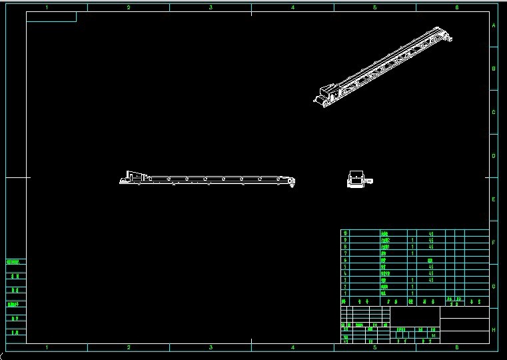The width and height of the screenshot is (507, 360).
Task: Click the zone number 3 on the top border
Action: click(x=211, y=7)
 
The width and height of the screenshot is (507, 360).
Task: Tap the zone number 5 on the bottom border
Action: click(x=374, y=347)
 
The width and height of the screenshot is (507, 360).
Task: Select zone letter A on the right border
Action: click(x=494, y=25)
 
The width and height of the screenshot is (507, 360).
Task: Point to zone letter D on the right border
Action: click(x=494, y=156)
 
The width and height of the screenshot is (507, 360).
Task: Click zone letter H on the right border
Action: click(x=494, y=330)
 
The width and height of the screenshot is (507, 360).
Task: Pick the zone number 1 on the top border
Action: click(x=47, y=7)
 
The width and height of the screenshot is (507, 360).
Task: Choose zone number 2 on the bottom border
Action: click(x=129, y=347)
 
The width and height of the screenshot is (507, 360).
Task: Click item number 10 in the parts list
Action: click(x=344, y=233)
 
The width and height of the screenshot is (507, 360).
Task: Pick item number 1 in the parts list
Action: click(x=344, y=293)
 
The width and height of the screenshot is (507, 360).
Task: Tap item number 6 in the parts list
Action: click(x=344, y=260)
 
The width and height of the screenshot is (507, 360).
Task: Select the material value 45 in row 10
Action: click(x=431, y=233)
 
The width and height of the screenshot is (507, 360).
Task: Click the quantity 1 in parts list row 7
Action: click(x=413, y=253)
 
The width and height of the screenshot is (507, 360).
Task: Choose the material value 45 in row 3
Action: click(x=431, y=280)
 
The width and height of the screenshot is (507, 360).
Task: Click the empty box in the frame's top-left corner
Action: click(x=51, y=17)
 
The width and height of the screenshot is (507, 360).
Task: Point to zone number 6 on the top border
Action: click(x=456, y=7)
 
